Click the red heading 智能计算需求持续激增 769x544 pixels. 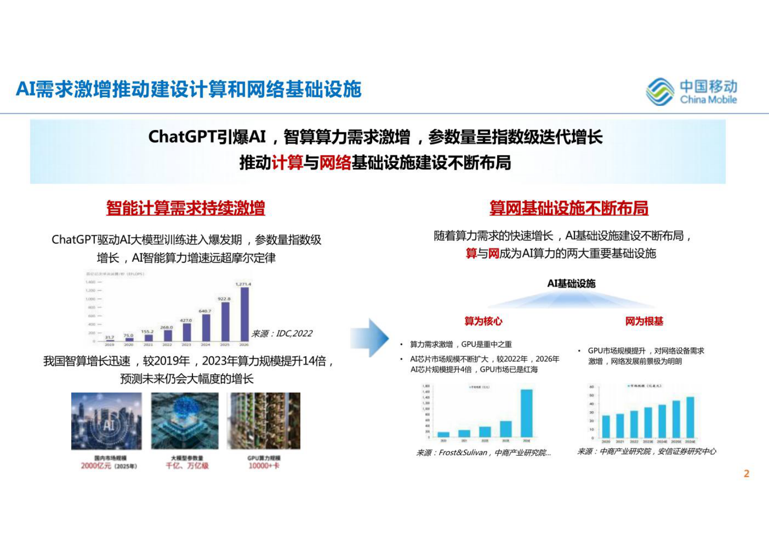(186, 208)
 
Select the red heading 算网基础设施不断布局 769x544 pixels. (568, 208)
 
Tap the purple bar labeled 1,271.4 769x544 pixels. (244, 314)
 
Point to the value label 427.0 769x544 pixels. (186, 320)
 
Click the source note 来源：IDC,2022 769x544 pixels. (282, 334)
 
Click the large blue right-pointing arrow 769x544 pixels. (370, 338)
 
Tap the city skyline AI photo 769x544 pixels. (107, 421)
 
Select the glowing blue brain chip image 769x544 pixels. (185, 421)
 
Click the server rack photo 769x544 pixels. (264, 421)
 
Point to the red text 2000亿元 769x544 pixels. (96, 466)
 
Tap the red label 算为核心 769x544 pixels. (483, 321)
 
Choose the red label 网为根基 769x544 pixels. (644, 321)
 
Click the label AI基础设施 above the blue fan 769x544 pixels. (571, 284)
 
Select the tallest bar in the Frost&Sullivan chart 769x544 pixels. (526, 413)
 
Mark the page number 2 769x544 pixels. (746, 474)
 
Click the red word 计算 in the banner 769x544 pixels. (287, 163)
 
